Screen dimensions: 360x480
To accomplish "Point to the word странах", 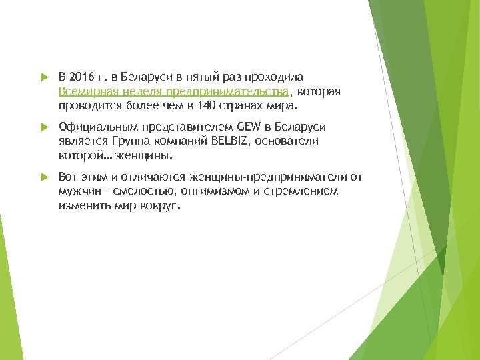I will (x=255, y=105).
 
